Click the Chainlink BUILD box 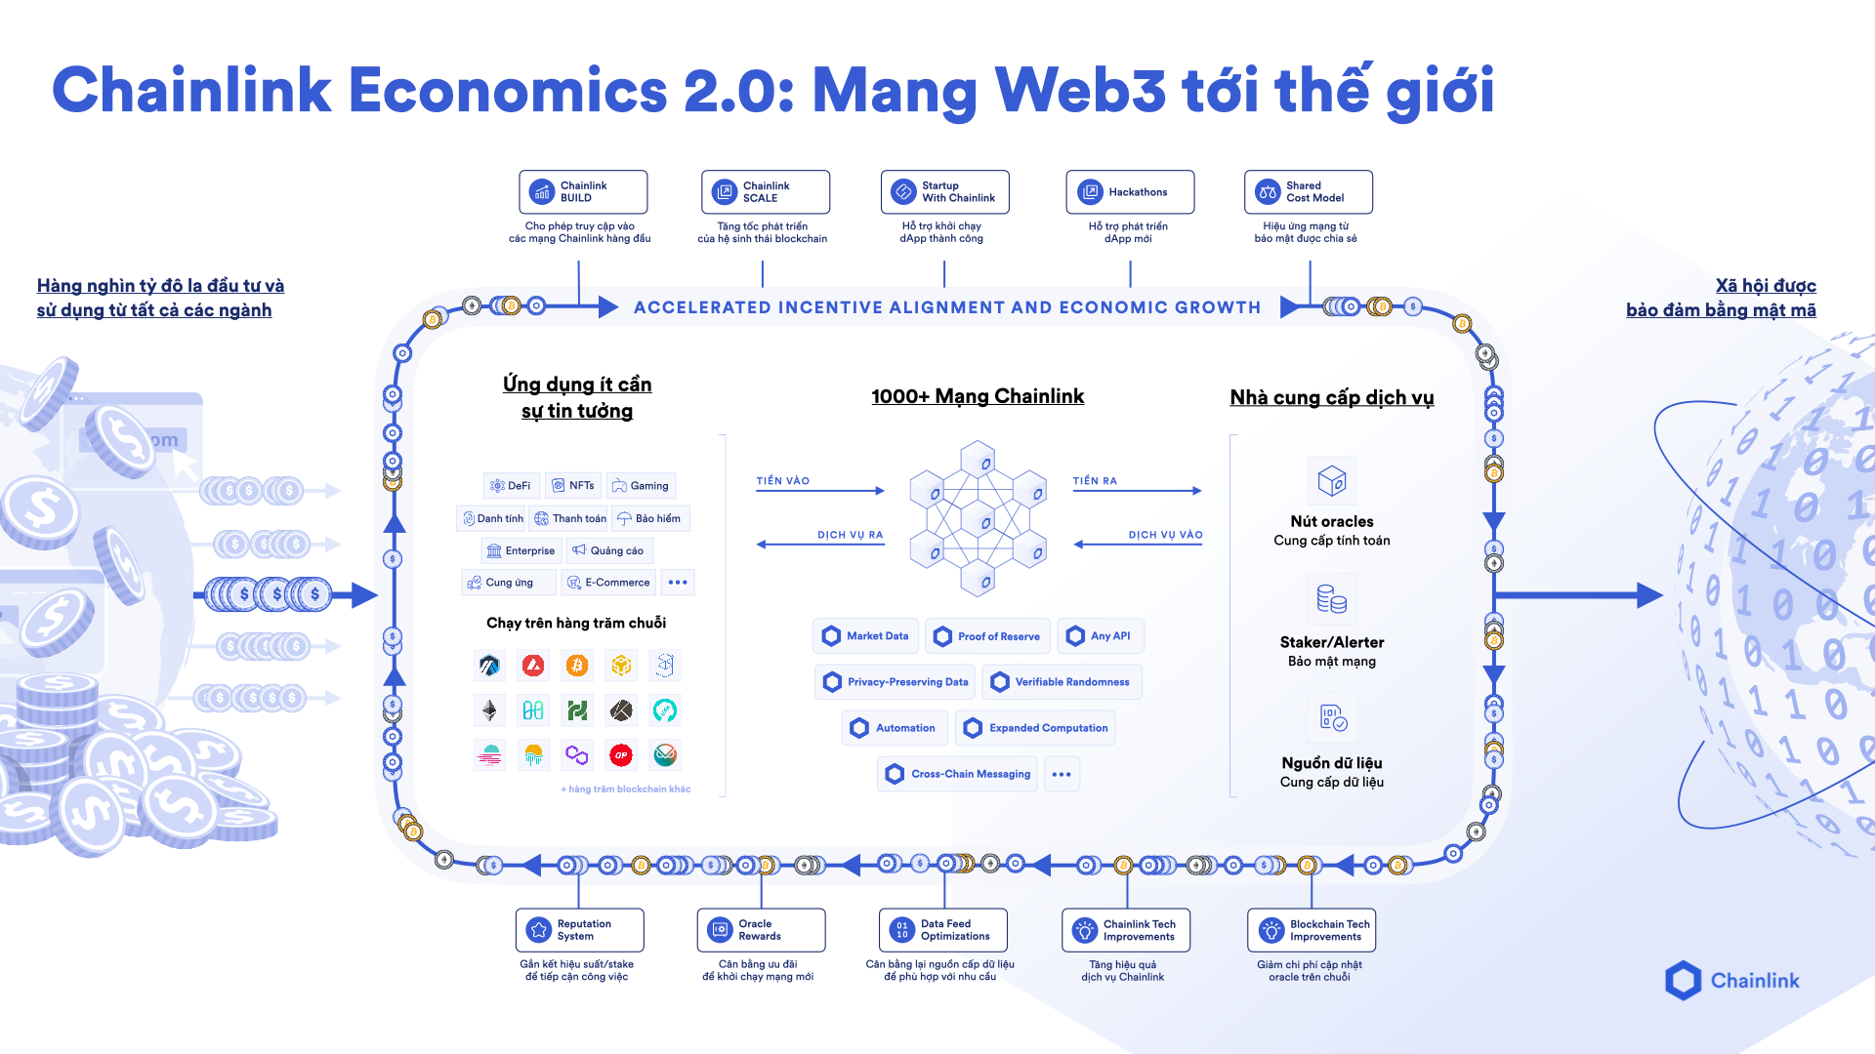click(x=583, y=192)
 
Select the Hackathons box click(x=1130, y=192)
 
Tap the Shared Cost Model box click(x=1309, y=192)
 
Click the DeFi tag click(x=511, y=486)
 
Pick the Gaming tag click(x=641, y=486)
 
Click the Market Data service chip click(x=866, y=636)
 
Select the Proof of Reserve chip click(x=988, y=636)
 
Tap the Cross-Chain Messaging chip click(x=958, y=774)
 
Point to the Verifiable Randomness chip click(x=1062, y=682)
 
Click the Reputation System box click(x=580, y=930)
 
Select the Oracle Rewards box click(x=762, y=930)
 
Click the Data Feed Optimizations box click(x=943, y=930)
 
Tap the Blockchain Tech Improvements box click(x=1312, y=930)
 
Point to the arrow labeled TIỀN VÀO click(x=820, y=490)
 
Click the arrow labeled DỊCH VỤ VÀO click(x=1139, y=544)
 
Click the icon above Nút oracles click(x=1331, y=480)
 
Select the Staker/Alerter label click(x=1331, y=642)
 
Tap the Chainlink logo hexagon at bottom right click(x=1683, y=981)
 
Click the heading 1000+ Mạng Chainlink click(x=978, y=396)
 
